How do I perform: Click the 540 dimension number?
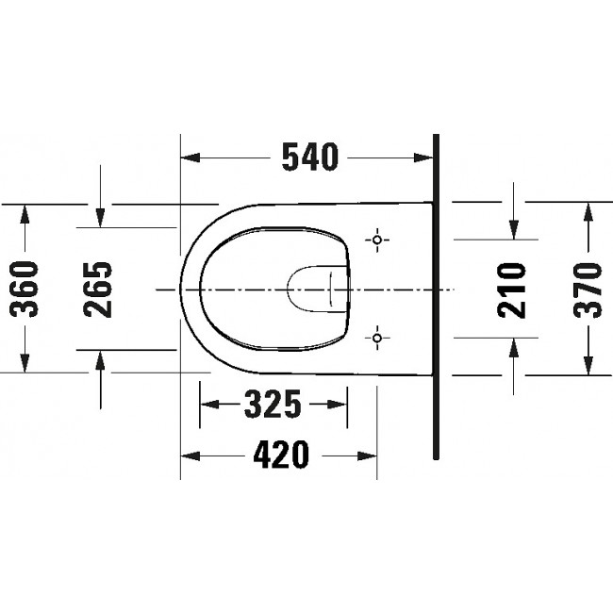click(310, 157)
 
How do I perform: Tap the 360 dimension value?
click(25, 289)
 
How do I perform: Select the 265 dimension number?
click(98, 290)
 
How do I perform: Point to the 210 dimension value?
click(511, 290)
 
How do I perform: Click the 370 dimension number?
click(588, 290)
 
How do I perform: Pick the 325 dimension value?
click(273, 404)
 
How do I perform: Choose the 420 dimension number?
click(281, 455)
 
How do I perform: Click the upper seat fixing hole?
click(377, 240)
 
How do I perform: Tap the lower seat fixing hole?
click(377, 338)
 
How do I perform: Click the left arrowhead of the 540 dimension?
click(191, 157)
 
